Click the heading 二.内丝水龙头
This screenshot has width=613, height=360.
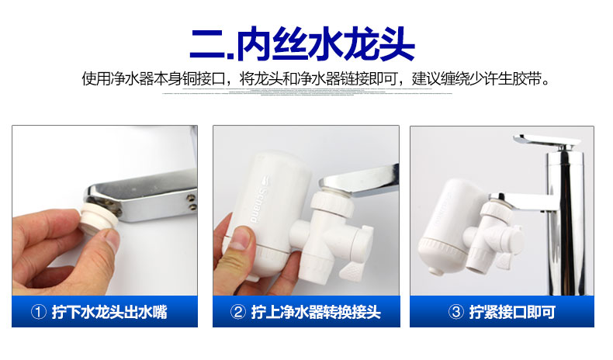(x=303, y=44)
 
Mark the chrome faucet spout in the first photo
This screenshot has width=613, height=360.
(x=147, y=190)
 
